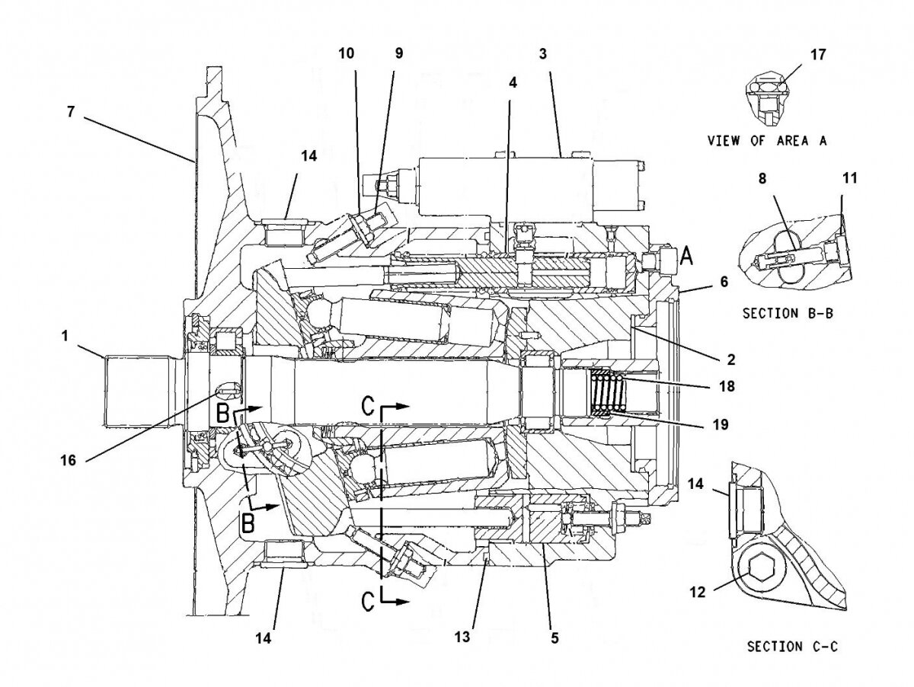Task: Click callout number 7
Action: coord(70,111)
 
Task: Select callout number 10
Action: coord(347,53)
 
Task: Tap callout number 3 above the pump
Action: coord(542,53)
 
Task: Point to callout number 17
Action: coord(819,55)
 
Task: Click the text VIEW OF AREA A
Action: coord(767,140)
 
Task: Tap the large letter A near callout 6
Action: coord(685,257)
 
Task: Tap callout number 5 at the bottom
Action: coord(554,637)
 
